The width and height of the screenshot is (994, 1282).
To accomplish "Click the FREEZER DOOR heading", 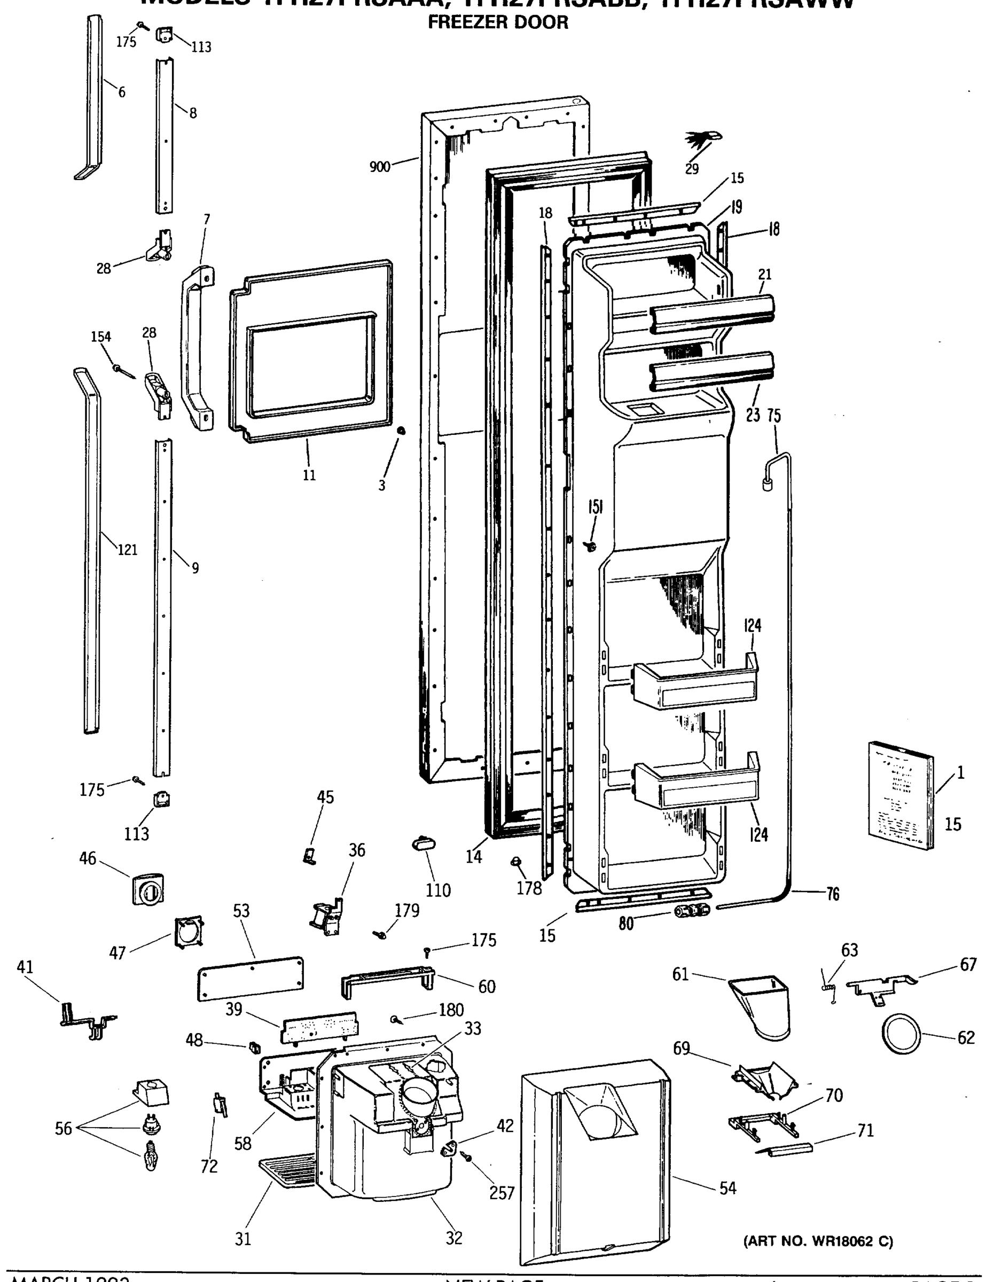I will [x=498, y=23].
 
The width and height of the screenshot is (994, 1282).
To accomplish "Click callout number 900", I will [x=380, y=167].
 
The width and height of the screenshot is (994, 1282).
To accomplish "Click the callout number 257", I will [x=502, y=1193].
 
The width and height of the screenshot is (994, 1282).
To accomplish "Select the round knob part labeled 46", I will [x=148, y=890].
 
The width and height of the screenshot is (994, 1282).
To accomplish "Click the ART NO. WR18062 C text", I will [x=818, y=1241].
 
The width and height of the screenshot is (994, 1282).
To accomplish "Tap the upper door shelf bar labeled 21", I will [x=711, y=314].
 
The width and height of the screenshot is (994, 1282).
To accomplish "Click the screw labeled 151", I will [x=591, y=546].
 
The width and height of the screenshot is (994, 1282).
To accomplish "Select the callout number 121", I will [x=127, y=550].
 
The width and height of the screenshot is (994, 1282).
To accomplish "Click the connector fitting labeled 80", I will [x=692, y=910].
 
